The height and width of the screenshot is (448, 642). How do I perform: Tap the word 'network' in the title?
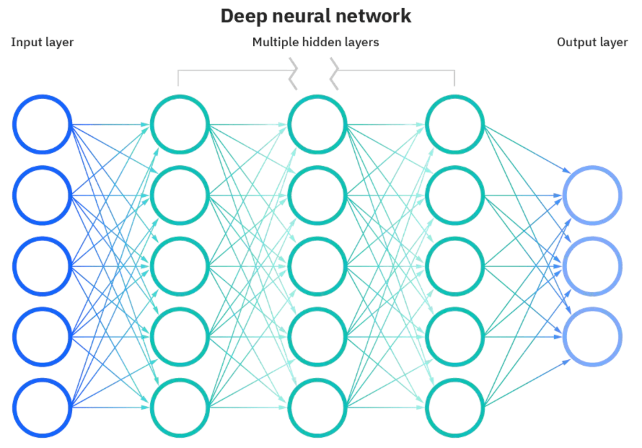(373, 16)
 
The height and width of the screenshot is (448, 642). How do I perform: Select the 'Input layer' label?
(42, 42)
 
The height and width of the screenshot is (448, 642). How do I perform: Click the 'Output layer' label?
(592, 42)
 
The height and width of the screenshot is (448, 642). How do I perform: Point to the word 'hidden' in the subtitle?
(321, 42)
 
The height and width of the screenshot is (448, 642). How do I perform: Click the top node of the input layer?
(42, 124)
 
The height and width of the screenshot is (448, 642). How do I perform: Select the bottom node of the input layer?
(42, 407)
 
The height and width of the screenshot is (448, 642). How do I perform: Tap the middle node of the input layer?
(42, 266)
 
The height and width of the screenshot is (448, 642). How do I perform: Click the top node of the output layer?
(592, 195)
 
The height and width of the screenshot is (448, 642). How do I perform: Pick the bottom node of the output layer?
(592, 337)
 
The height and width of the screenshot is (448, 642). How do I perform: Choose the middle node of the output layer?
(592, 266)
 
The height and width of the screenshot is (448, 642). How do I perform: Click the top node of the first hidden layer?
(180, 124)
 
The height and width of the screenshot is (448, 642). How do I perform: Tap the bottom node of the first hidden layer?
(180, 407)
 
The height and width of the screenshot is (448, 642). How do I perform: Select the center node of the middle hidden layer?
(317, 266)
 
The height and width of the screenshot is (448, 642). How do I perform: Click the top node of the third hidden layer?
(455, 124)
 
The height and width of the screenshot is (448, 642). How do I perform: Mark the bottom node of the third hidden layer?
(455, 407)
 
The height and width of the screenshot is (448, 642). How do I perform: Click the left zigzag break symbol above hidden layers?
(293, 73)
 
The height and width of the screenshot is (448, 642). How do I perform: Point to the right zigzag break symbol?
(334, 73)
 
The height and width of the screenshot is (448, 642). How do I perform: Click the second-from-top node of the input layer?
(42, 195)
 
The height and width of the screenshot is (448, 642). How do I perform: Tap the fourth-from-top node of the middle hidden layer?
(317, 337)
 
